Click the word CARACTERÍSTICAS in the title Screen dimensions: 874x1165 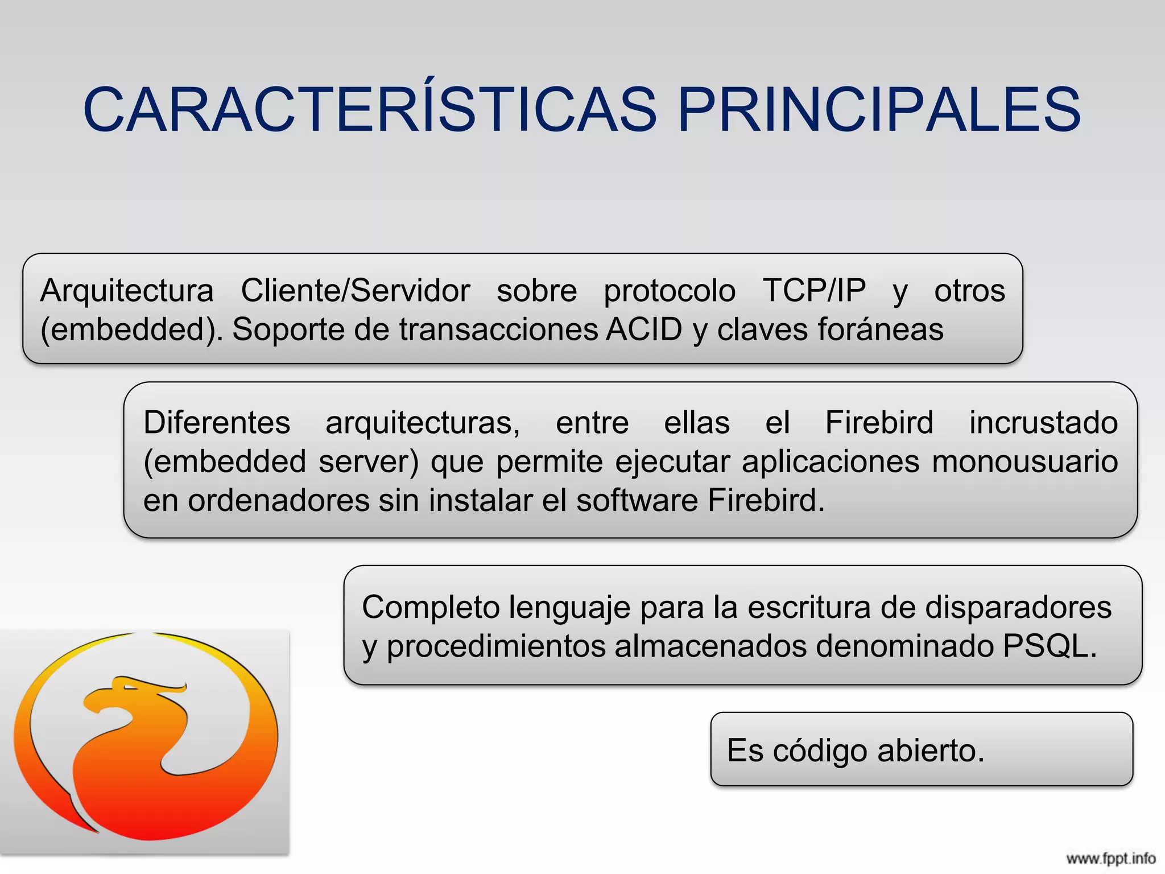coord(370,110)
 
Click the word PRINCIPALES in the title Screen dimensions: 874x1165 coord(879,110)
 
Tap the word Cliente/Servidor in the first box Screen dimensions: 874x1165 coord(356,291)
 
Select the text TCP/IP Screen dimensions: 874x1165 coord(814,291)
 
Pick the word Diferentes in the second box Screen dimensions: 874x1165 coord(217,423)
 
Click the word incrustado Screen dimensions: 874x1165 coord(1043,423)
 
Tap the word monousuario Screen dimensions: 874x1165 coord(1024,461)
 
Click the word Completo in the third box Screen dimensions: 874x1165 coord(431,607)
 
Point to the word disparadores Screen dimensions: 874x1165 coord(1018,607)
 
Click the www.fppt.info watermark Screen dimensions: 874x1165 coord(1110,859)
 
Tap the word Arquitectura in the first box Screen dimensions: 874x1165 coord(127,291)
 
